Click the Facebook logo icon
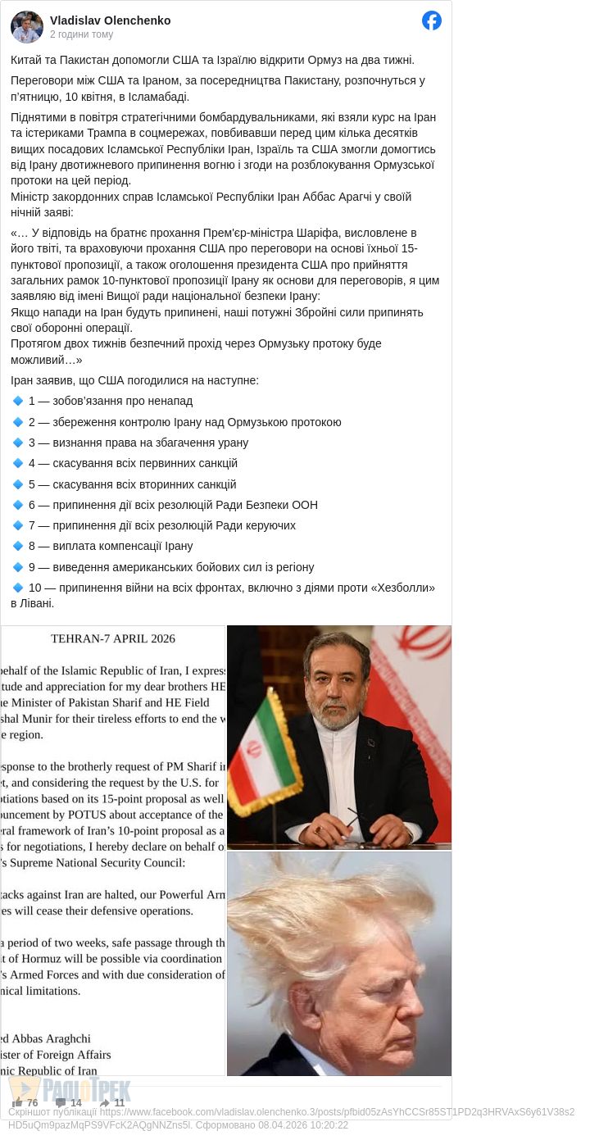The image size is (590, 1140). (x=432, y=20)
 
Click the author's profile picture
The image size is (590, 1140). (x=26, y=27)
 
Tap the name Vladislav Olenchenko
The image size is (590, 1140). (x=111, y=20)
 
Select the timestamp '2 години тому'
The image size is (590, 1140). (x=82, y=34)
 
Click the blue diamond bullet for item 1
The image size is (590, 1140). (x=18, y=401)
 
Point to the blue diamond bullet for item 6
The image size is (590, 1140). (x=18, y=505)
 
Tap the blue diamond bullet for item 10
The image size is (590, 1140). (x=18, y=588)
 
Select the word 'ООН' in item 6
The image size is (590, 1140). (x=304, y=505)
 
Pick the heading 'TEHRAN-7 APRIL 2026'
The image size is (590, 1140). (x=113, y=638)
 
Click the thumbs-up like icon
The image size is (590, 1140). (x=17, y=1102)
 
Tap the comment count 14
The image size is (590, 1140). (x=76, y=1103)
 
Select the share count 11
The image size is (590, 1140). (x=120, y=1103)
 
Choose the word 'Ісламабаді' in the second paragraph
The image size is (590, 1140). (x=161, y=97)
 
